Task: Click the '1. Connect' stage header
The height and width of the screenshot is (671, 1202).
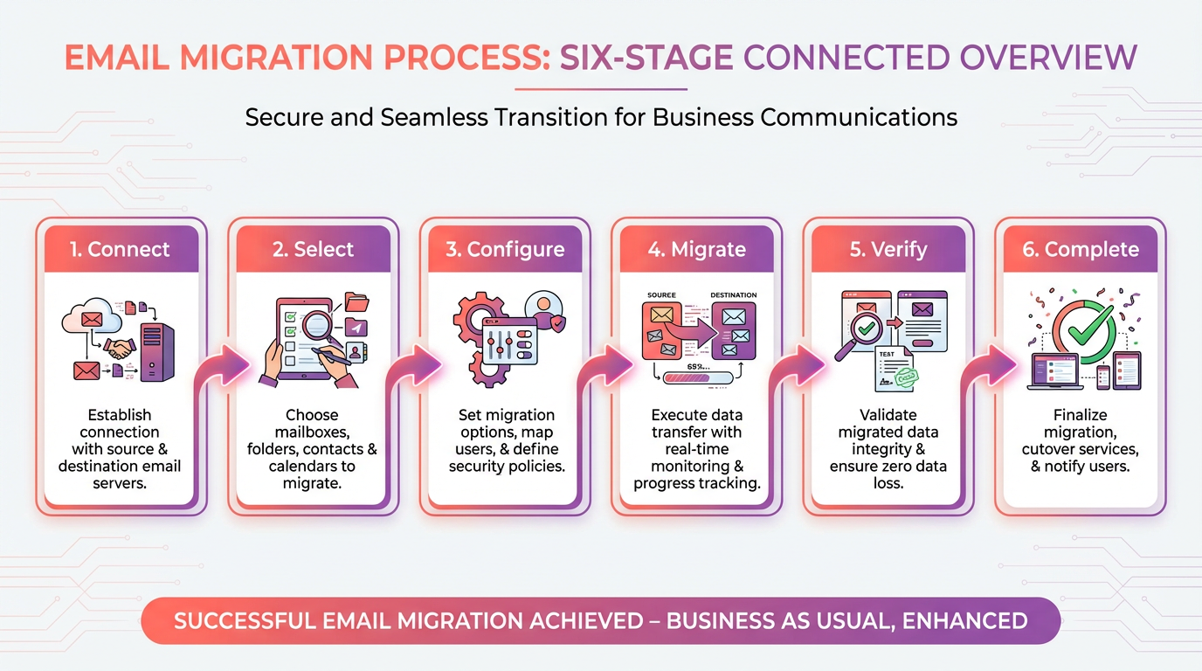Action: tap(120, 249)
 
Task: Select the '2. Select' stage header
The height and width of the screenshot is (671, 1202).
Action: tap(312, 249)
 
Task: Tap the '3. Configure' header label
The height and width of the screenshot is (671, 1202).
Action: tap(504, 249)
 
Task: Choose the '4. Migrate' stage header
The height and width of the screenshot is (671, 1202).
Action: tap(696, 249)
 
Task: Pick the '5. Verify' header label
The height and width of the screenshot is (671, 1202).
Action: tap(888, 249)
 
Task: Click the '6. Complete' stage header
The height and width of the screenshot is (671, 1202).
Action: tap(1081, 249)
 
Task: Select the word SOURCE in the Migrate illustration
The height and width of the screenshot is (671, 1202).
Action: tap(661, 296)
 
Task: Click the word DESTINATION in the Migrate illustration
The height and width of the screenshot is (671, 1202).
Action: tap(733, 296)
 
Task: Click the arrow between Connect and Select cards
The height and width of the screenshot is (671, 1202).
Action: tap(218, 367)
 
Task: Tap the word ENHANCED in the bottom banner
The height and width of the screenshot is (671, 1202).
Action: tap(964, 621)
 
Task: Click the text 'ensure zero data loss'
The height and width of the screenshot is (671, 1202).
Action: tap(888, 475)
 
